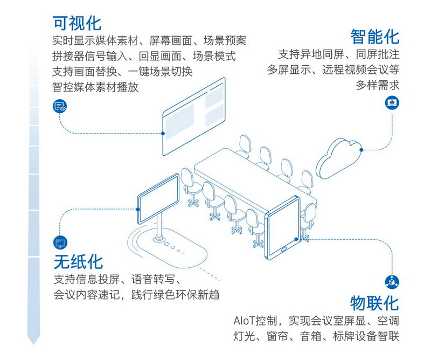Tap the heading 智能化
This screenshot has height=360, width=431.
point(375,37)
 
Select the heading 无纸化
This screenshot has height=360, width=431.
point(78,262)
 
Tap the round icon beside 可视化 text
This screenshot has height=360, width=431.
point(59,106)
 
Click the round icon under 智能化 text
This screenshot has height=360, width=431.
point(392,102)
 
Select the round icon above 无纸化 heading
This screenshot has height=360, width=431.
point(59,242)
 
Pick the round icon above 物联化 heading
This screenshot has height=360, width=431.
point(392,281)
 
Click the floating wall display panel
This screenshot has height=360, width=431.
point(193,115)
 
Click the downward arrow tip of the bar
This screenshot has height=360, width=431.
point(33,341)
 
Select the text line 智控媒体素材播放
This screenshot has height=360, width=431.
point(95,86)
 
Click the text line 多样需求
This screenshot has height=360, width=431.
point(377,85)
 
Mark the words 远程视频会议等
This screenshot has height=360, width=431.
point(360,70)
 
